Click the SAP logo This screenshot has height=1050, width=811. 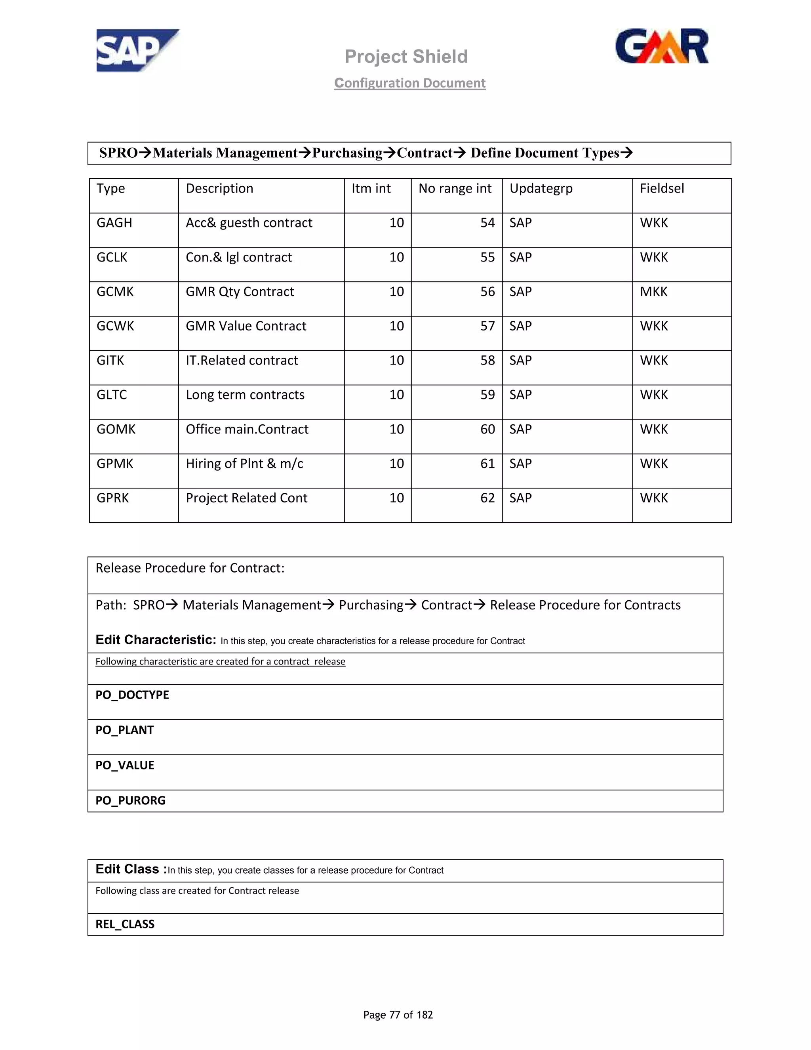click(x=137, y=50)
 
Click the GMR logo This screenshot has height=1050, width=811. click(x=662, y=46)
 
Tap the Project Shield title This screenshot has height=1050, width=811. click(x=406, y=57)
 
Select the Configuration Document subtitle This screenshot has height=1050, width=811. click(x=410, y=83)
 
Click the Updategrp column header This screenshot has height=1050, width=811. click(x=541, y=189)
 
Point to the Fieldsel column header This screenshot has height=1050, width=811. click(x=662, y=189)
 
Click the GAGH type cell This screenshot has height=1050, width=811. click(x=114, y=223)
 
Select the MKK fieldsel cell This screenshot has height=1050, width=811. click(x=653, y=292)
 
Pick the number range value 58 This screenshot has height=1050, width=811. click(x=487, y=361)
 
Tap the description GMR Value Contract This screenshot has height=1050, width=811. click(x=246, y=326)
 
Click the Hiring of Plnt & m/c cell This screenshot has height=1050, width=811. click(x=245, y=464)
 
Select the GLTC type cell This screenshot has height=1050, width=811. click(x=112, y=395)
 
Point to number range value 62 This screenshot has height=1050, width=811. click(x=487, y=498)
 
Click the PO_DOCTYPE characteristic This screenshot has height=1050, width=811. click(x=132, y=695)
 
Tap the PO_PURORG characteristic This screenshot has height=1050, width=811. click(x=130, y=800)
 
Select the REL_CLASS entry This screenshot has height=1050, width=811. click(x=125, y=924)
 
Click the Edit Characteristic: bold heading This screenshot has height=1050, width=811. click(x=156, y=640)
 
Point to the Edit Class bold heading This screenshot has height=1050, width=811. click(x=131, y=869)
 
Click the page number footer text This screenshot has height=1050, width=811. click(x=398, y=1014)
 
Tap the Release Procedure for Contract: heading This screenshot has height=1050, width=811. click(x=190, y=568)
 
